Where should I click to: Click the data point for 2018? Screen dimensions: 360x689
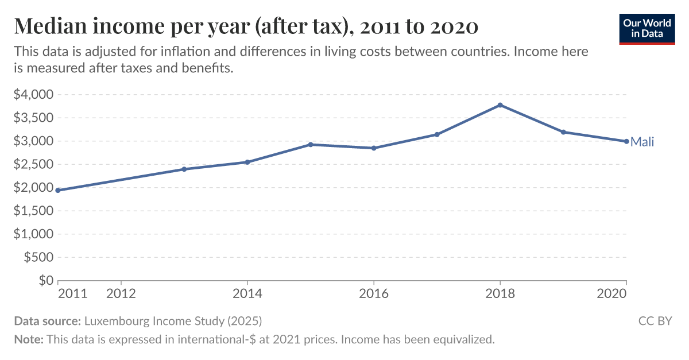[500, 105]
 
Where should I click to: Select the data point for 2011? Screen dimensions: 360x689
[58, 190]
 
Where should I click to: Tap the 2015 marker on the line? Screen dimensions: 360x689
[311, 144]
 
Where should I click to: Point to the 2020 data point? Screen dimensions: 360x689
[626, 141]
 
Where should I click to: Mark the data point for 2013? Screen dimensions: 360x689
[184, 169]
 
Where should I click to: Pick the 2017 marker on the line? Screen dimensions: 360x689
[437, 134]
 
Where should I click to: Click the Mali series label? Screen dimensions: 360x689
[642, 142]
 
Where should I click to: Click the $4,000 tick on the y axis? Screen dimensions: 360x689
[33, 94]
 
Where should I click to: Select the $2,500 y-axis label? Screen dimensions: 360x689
[33, 164]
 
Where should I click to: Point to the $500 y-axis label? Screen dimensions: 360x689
[38, 258]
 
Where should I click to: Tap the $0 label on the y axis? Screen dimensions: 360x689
[46, 281]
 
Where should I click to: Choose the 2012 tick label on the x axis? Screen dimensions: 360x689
[121, 294]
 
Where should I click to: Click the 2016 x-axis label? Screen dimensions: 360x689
[374, 294]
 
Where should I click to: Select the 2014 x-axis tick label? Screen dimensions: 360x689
[247, 294]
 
